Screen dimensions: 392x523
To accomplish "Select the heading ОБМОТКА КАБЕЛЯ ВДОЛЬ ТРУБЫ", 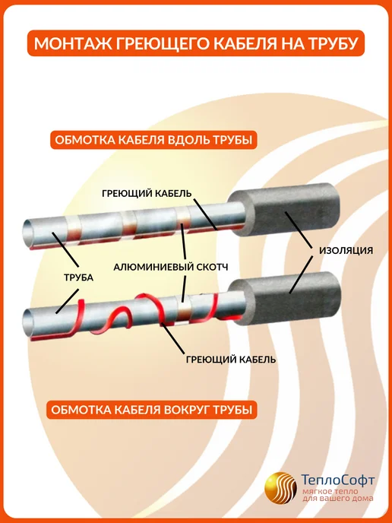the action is point(153,140).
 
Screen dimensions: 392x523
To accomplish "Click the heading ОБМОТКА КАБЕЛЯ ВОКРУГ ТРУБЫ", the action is point(152,409).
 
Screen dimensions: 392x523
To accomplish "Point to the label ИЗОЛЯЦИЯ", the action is point(346,251).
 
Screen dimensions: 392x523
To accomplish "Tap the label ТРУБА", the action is point(78,277).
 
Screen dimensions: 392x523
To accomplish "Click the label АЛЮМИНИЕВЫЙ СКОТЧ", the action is point(171,267).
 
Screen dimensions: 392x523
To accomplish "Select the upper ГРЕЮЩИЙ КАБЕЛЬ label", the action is point(147,193).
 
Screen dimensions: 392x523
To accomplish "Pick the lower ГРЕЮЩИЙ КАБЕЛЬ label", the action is point(231,360).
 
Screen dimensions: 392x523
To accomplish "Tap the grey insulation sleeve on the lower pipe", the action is point(286,297).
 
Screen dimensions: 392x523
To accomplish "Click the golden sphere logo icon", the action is point(280,487).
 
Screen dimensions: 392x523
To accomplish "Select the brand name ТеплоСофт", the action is point(337,480).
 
